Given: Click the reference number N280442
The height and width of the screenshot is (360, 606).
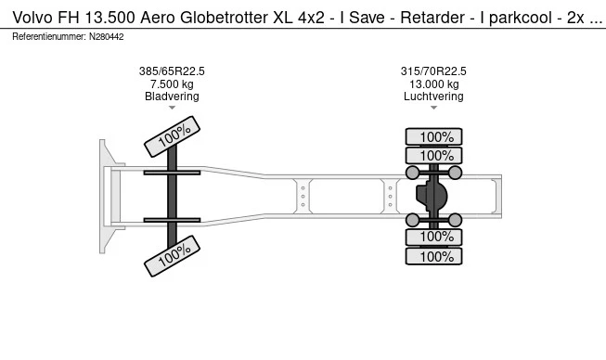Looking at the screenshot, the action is [107, 37].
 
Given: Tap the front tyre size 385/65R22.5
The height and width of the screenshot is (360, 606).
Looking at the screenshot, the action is [172, 71].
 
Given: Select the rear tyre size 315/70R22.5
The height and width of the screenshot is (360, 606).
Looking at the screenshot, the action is [433, 71].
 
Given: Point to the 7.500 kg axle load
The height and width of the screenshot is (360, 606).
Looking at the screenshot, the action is [172, 84].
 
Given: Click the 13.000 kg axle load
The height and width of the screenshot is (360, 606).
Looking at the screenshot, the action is [434, 84].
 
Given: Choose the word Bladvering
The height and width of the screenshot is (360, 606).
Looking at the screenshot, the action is [172, 96].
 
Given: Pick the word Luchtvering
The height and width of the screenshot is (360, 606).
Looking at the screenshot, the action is [433, 96].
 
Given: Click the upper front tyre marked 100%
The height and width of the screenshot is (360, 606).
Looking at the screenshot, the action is [172, 136].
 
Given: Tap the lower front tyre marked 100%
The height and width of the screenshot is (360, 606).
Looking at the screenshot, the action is [172, 256].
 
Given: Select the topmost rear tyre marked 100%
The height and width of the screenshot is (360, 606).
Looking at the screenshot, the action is [433, 136].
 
